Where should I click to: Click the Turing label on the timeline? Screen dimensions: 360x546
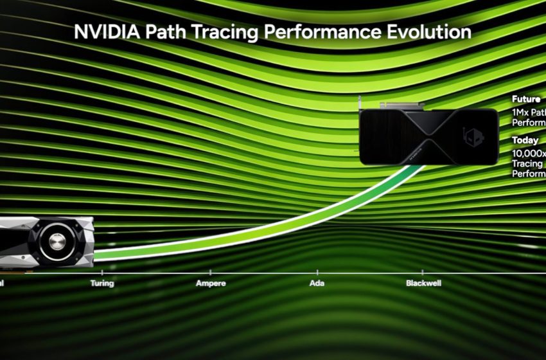102,283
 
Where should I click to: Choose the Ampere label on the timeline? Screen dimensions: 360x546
210,283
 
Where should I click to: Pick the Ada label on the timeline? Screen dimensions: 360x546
317,283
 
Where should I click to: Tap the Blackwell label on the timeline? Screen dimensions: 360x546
423,283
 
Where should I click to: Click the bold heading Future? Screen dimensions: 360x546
525,99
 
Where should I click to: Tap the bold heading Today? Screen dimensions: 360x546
525,139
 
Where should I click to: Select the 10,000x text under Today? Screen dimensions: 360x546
529,154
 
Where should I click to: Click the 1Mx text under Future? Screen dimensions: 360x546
518,112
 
